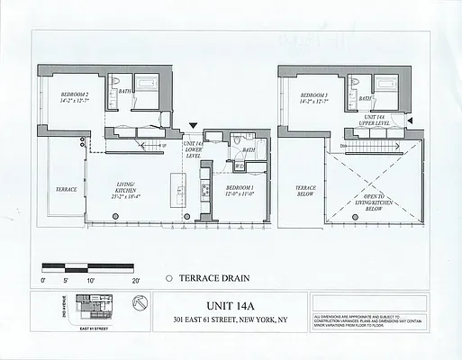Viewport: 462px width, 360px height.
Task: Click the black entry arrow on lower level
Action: tap(193, 130)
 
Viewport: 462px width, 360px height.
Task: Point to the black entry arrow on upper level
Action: tap(410, 121)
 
